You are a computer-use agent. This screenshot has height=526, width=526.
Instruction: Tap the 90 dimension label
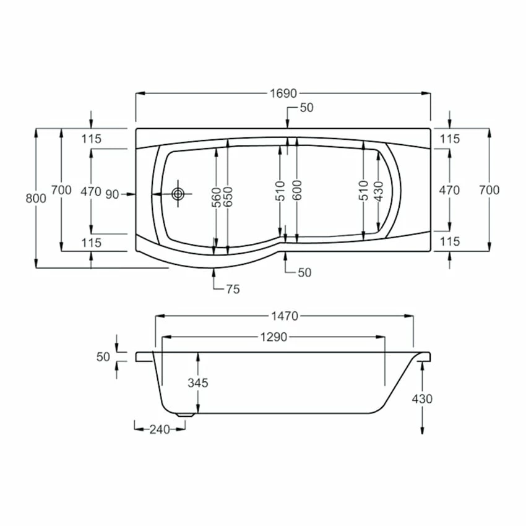click(112, 194)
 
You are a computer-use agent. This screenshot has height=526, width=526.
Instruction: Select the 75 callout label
click(233, 289)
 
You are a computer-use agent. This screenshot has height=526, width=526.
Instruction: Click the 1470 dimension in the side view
click(284, 316)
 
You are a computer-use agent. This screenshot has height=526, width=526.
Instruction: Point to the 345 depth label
click(198, 383)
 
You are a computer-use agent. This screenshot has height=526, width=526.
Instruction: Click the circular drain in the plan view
click(179, 194)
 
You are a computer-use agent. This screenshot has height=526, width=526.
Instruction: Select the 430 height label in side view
click(423, 399)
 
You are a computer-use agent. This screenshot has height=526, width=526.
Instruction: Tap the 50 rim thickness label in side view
click(103, 356)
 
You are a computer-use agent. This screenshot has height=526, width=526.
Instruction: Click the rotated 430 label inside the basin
click(379, 191)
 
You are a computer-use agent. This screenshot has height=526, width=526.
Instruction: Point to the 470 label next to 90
click(91, 191)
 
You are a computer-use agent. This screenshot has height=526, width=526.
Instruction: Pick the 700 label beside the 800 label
click(61, 191)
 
